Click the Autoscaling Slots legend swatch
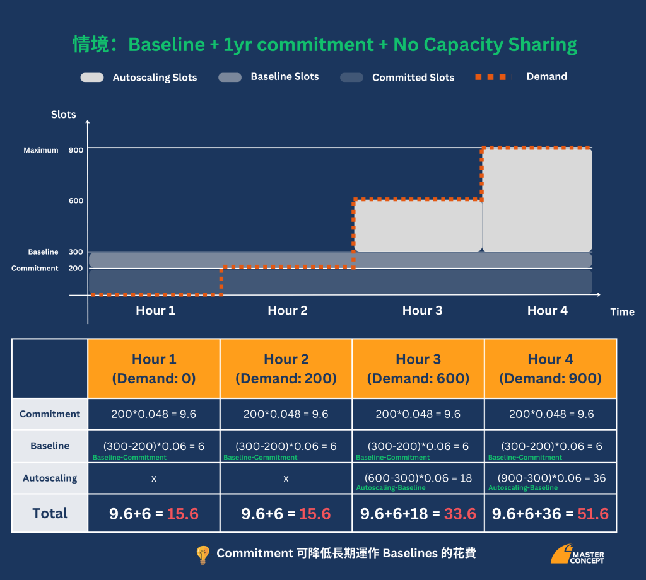(x=92, y=78)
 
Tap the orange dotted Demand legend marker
(x=490, y=77)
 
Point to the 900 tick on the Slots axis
(x=76, y=150)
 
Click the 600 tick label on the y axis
(x=76, y=200)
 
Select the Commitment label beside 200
(x=35, y=269)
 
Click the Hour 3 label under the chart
(x=422, y=310)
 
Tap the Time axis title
(x=622, y=311)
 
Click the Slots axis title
(x=64, y=115)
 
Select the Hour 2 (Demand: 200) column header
(x=286, y=368)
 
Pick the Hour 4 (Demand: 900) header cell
(x=550, y=368)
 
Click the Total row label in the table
(x=50, y=513)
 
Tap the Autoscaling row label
(x=50, y=478)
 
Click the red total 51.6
(x=593, y=514)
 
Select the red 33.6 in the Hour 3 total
(x=460, y=514)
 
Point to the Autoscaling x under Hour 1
(x=154, y=478)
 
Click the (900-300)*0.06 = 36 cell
(x=551, y=478)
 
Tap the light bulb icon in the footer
(x=203, y=555)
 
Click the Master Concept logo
(x=578, y=554)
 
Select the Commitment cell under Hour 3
(x=418, y=414)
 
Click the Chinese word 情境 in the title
(x=91, y=45)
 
